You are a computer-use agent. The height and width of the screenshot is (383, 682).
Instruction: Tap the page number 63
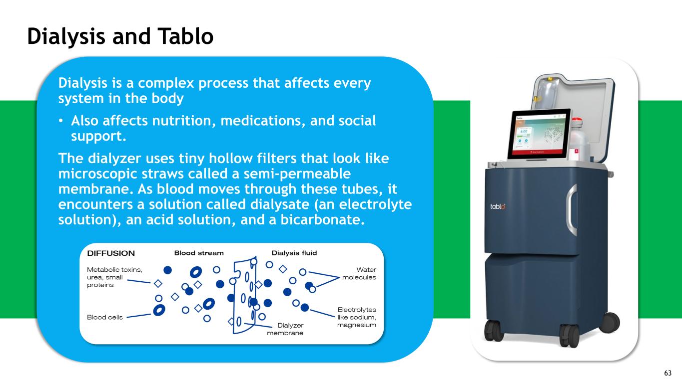coord(668,374)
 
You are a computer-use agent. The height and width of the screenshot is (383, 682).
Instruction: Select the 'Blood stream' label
coord(199,253)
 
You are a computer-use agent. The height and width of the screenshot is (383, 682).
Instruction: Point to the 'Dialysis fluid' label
coord(294,253)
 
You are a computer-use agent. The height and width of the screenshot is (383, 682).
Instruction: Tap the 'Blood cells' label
coord(105,317)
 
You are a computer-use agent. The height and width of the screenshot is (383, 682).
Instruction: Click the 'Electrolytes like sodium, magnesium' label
coord(356,317)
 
